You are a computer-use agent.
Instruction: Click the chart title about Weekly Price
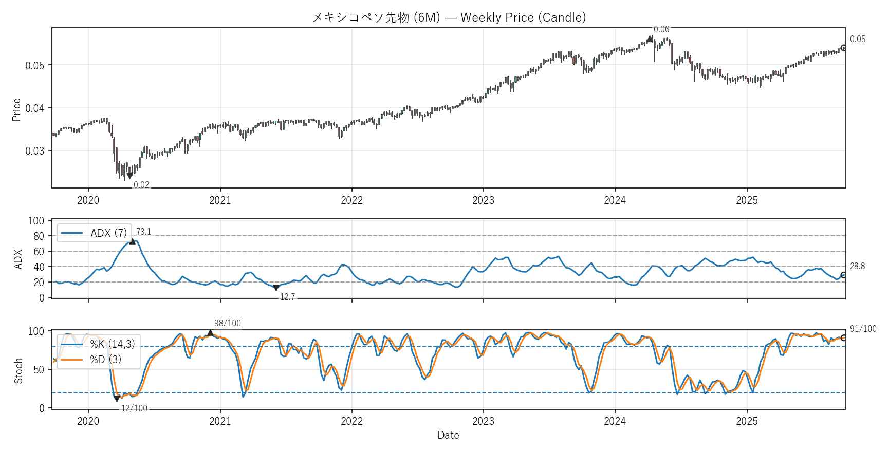449,17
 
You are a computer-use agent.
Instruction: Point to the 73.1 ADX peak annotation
143,232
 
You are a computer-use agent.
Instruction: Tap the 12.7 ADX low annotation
287,297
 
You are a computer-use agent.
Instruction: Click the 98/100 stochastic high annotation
227,323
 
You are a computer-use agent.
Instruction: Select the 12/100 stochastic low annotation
134,408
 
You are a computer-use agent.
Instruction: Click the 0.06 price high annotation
661,29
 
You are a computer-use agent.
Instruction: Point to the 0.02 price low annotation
141,185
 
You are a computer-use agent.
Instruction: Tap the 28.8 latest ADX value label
857,266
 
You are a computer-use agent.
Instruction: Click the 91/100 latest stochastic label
863,329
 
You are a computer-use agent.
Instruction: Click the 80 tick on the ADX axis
39,236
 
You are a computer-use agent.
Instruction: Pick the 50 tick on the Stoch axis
39,369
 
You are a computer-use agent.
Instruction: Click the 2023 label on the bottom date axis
483,421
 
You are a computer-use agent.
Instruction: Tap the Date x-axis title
448,435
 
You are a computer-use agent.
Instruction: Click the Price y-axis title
16,109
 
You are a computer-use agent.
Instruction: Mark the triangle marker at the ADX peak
132,241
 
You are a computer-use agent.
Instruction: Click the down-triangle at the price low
129,176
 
